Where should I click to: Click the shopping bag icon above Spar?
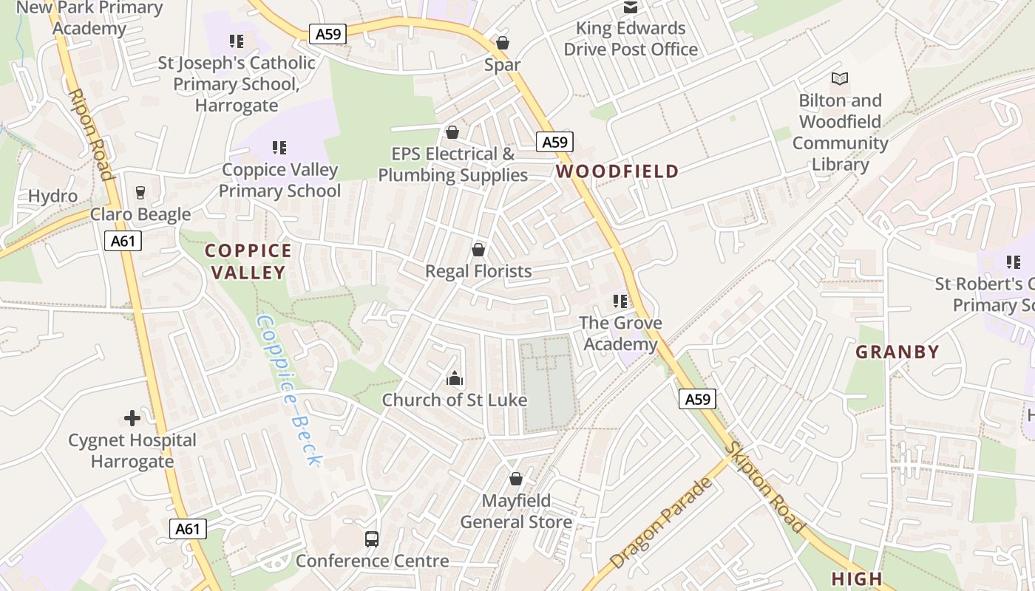(x=503, y=43)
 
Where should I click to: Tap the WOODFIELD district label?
(x=617, y=171)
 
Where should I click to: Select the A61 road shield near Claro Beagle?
(x=123, y=241)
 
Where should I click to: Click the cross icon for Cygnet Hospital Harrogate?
(x=132, y=419)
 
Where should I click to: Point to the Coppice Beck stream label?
(x=289, y=391)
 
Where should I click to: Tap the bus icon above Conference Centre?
(x=372, y=539)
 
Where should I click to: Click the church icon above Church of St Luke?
(x=454, y=379)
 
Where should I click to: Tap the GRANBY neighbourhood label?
(x=897, y=352)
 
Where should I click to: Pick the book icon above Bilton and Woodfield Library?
(x=840, y=78)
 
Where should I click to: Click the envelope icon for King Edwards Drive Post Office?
(x=631, y=7)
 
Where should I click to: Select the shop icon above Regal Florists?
(x=478, y=250)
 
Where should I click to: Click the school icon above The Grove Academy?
(x=620, y=301)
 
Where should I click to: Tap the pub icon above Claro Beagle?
(x=140, y=193)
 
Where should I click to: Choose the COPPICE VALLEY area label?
(x=248, y=262)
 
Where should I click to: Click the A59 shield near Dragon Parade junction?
(x=697, y=400)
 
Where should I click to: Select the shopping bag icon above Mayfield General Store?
(x=516, y=479)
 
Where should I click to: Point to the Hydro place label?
(x=52, y=197)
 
